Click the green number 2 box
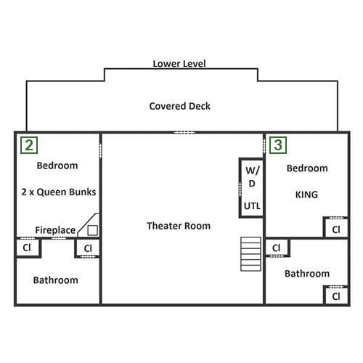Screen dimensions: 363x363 (x=29, y=145)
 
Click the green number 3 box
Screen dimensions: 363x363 (x=278, y=145)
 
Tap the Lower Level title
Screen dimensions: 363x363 (x=179, y=64)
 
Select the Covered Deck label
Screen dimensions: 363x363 (x=180, y=106)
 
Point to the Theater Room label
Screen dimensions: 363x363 (x=179, y=226)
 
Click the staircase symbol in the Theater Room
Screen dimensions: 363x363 (x=250, y=254)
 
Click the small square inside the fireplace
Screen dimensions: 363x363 (x=92, y=230)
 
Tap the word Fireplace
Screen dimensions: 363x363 (x=55, y=230)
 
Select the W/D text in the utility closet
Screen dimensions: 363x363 (x=252, y=176)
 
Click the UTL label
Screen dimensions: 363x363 (x=252, y=206)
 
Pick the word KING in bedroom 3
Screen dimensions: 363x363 (x=306, y=195)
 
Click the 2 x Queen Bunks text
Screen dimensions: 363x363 (x=59, y=192)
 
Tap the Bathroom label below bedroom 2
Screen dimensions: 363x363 (x=56, y=280)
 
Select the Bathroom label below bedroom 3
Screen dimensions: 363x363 (x=307, y=274)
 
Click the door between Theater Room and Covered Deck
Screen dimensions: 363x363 (x=184, y=132)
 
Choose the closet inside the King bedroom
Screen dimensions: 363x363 (x=336, y=227)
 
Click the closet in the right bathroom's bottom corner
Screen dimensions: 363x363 (x=336, y=295)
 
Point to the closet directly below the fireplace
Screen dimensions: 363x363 (x=88, y=248)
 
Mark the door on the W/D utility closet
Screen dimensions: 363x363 (x=240, y=189)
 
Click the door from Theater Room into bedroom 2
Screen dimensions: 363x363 (x=100, y=150)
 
